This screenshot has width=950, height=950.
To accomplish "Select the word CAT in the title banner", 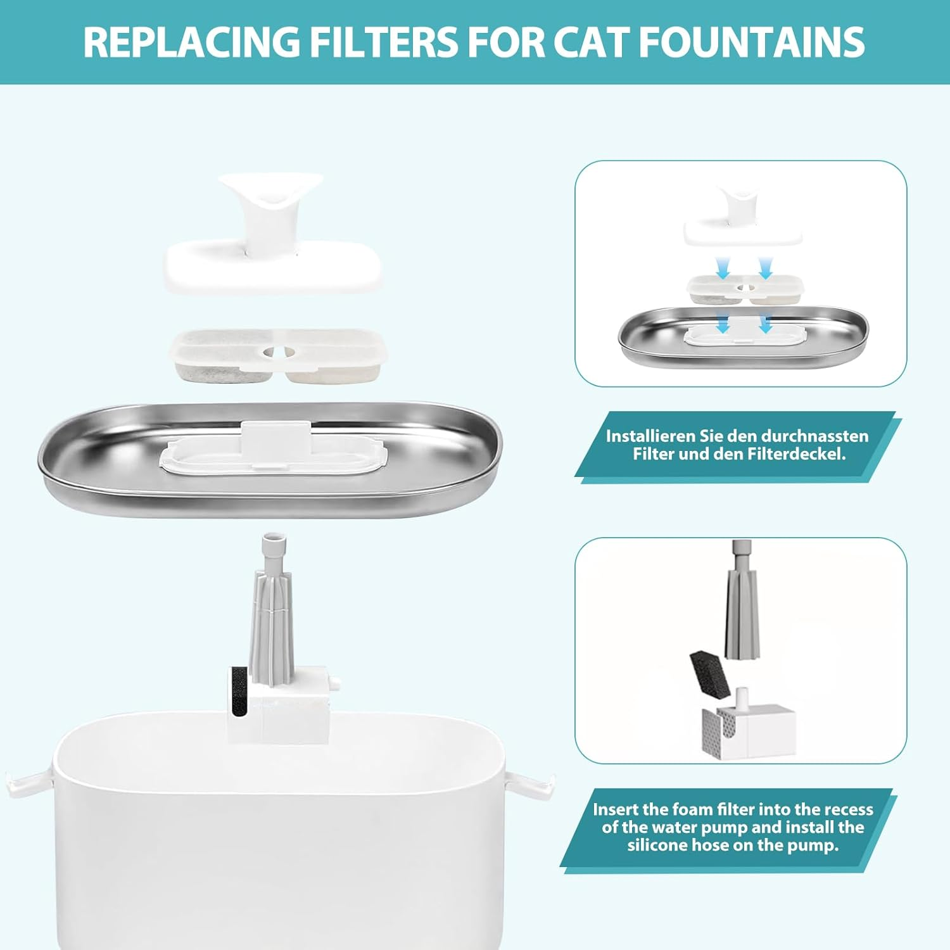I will pyautogui.click(x=590, y=42).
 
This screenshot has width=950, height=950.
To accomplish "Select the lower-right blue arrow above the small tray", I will pyautogui.click(x=765, y=324).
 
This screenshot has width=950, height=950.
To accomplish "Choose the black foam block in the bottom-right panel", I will pyautogui.click(x=713, y=674).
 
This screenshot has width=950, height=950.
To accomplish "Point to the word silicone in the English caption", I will pyautogui.click(x=662, y=845).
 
